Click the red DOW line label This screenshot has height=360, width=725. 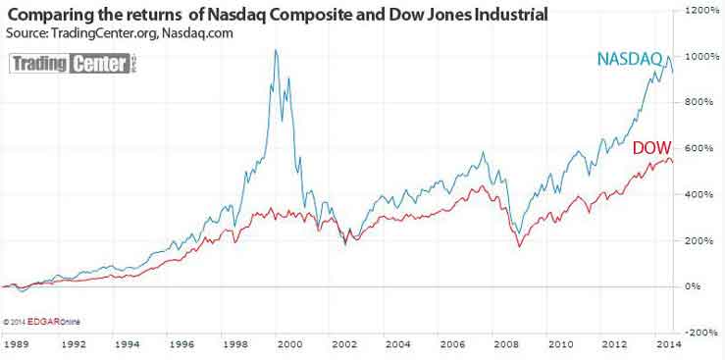pos(651,148)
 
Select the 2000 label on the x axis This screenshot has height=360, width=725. pos(287,346)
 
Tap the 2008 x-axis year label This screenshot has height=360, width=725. pos(507,346)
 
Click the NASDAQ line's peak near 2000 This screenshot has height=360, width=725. pos(275,50)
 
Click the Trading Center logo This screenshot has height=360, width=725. pos(75,65)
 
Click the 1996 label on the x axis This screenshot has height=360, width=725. pos(180,346)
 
